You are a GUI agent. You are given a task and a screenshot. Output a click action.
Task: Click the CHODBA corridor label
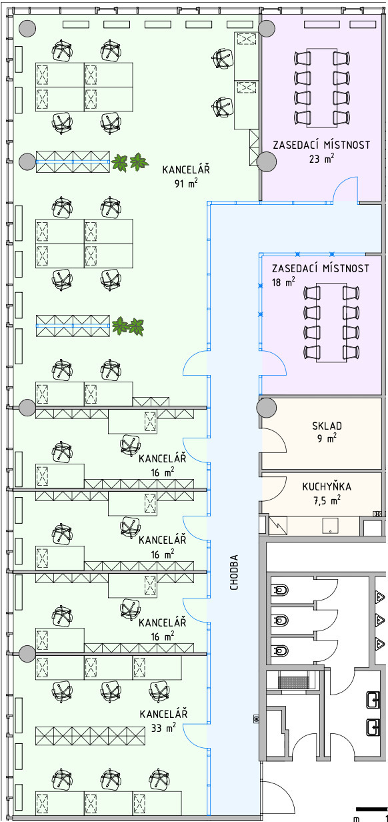[234, 572]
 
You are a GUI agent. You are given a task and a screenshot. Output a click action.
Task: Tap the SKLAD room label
[327, 426]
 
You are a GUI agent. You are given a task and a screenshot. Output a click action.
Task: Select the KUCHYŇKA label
[327, 486]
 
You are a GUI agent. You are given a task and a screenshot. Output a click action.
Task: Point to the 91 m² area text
[186, 183]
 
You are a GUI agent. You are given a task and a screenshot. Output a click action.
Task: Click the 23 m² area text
[321, 159]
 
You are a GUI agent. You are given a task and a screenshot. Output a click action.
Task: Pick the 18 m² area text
[283, 283]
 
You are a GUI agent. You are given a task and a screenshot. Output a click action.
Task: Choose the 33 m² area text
[163, 727]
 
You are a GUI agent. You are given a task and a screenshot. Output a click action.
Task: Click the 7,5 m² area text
[327, 500]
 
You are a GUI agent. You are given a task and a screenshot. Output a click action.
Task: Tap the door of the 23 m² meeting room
[345, 189]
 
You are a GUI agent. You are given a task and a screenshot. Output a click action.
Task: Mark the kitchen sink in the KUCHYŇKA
[331, 526]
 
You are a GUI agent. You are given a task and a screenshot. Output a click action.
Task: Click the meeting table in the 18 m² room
[331, 322]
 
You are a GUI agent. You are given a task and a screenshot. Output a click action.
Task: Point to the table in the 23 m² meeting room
[321, 87]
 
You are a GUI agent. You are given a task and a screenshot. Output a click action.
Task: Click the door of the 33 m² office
[197, 735]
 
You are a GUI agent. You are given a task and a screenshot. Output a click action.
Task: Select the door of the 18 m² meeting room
[273, 363]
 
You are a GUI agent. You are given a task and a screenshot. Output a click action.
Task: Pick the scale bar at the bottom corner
[371, 809]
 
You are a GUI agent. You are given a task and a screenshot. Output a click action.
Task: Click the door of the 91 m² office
[197, 363]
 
